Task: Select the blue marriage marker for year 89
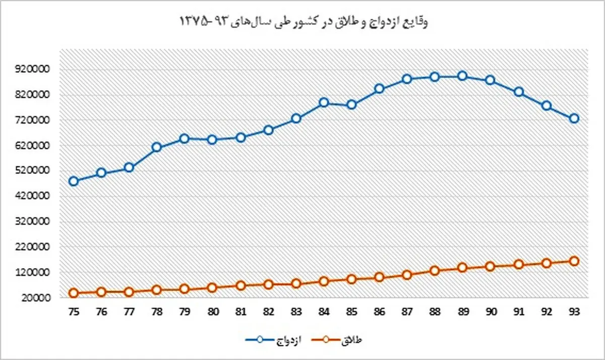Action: [x=462, y=76]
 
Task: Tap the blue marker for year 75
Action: [x=74, y=182]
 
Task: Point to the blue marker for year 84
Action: [x=324, y=103]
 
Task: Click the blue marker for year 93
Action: [x=574, y=118]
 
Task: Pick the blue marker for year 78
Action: [x=157, y=147]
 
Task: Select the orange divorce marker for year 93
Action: [x=574, y=261]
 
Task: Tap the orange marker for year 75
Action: [x=74, y=293]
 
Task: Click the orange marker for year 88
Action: [x=435, y=270]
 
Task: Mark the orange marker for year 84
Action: [x=324, y=281]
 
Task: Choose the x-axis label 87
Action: [x=407, y=312]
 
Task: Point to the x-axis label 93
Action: [x=574, y=312]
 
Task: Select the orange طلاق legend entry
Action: [x=343, y=340]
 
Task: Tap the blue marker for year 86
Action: [x=379, y=89]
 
